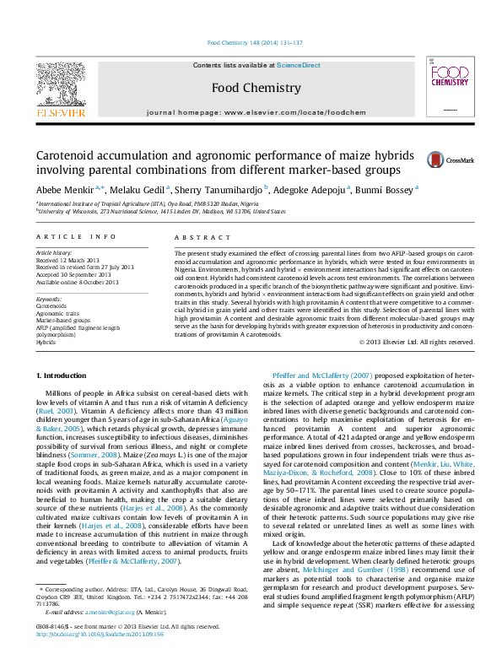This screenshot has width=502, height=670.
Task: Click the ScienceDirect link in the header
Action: tap(299, 65)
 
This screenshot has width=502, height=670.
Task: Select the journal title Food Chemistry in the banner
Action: tap(251, 87)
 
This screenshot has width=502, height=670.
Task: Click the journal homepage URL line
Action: tap(251, 113)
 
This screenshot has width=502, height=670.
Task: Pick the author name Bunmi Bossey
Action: tap(386, 190)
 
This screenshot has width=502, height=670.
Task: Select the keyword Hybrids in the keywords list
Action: tap(46, 343)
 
